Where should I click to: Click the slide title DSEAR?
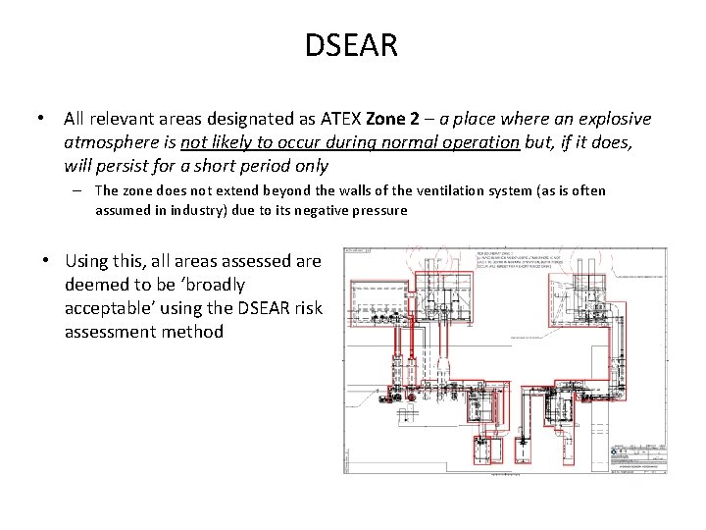coord(352,44)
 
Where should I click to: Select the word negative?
coord(328,210)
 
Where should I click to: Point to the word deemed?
coord(92,285)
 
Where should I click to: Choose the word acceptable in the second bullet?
coord(111,308)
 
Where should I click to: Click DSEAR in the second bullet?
coord(263,308)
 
